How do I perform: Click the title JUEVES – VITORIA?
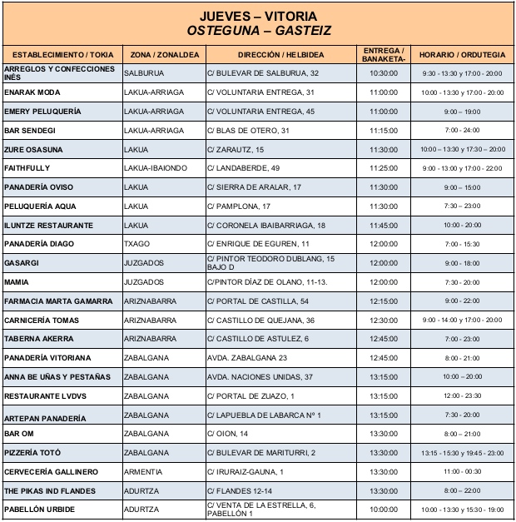(258, 16)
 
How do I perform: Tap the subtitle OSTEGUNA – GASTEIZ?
(258, 30)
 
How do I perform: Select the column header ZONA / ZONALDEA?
(165, 54)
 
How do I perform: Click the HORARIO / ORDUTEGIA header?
(462, 54)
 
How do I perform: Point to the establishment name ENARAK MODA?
(32, 92)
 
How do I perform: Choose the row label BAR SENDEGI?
(30, 131)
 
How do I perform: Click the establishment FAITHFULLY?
(27, 168)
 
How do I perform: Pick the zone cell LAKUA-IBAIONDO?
(156, 168)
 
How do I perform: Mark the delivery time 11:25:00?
(384, 168)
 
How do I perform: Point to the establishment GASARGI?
(22, 263)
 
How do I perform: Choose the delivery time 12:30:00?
(384, 320)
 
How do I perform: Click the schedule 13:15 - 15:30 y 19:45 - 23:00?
(462, 453)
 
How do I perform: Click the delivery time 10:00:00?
(384, 510)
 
